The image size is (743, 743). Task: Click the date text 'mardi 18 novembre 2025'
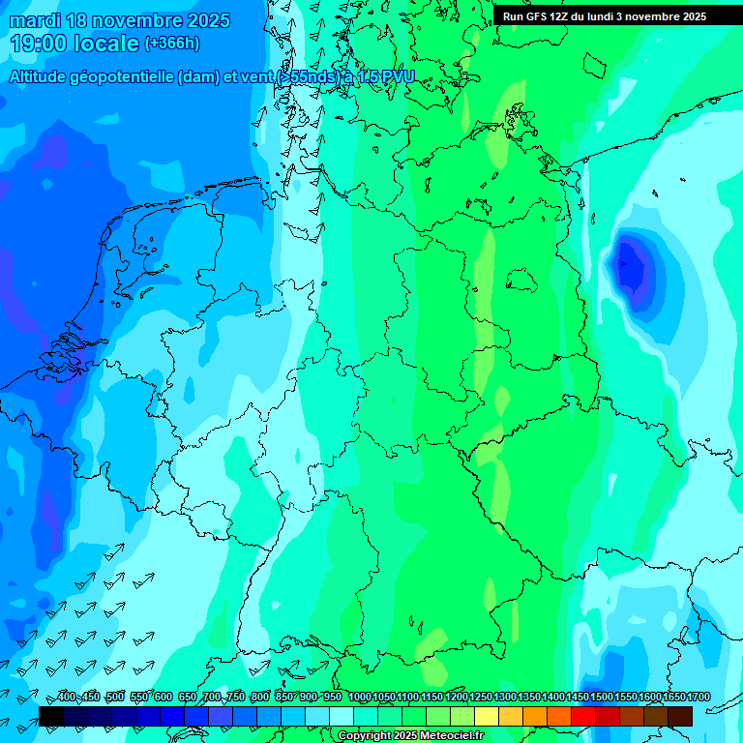(x=120, y=20)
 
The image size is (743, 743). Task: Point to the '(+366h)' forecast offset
(x=172, y=44)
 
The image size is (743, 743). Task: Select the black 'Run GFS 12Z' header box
(x=605, y=16)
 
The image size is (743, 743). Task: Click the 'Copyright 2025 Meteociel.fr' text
(x=411, y=736)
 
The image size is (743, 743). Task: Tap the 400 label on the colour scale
(x=67, y=698)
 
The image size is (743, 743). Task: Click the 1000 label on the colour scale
(x=359, y=698)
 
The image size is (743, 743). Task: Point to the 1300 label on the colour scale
(x=504, y=698)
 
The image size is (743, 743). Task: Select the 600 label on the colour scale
(x=163, y=698)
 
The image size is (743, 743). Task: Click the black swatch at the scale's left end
(x=51, y=716)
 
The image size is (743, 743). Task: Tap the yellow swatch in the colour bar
(x=487, y=716)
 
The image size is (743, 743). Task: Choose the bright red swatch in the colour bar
(x=583, y=716)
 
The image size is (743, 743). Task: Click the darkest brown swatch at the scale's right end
(x=680, y=716)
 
